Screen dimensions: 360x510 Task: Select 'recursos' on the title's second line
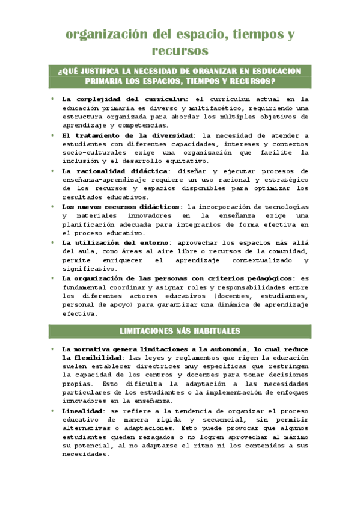point(180,51)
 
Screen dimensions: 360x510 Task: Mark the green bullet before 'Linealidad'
point(53,410)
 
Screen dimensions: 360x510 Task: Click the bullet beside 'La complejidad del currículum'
point(53,98)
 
